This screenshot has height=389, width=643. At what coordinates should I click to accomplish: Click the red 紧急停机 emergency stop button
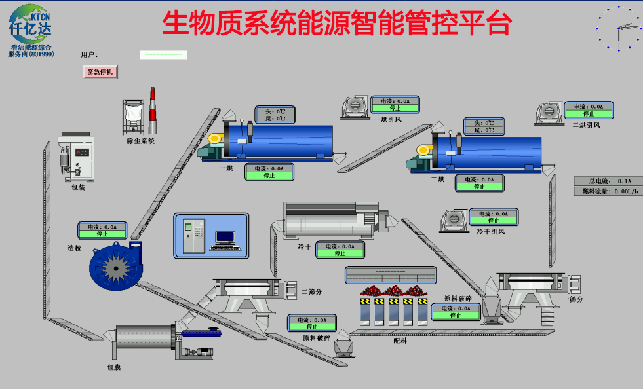click(100, 72)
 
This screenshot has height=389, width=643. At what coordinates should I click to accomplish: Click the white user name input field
click(163, 55)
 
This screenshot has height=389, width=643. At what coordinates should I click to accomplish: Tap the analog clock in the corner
click(619, 28)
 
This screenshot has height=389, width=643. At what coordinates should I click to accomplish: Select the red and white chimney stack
click(153, 111)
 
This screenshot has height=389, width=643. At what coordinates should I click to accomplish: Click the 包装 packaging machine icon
click(76, 158)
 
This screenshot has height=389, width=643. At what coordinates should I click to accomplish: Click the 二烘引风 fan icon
click(548, 113)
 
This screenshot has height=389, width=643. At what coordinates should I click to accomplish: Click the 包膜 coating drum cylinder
click(144, 338)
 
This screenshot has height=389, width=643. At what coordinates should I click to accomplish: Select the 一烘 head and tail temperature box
click(271, 115)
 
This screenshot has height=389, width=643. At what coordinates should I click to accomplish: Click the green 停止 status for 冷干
click(340, 253)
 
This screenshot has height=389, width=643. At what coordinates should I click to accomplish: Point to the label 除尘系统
click(141, 141)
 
